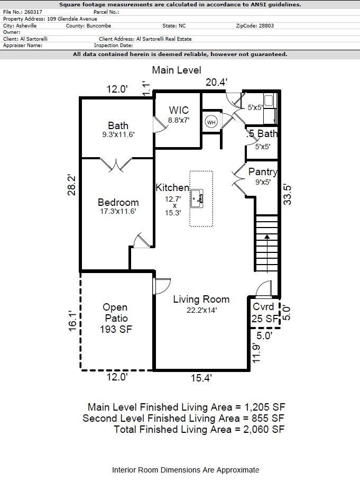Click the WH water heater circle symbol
click(x=211, y=122)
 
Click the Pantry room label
click(x=263, y=172)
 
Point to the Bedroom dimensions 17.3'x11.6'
click(x=118, y=211)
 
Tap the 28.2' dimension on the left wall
click(x=72, y=185)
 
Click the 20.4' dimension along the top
click(x=216, y=82)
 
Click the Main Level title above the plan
click(x=177, y=70)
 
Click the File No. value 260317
click(x=33, y=12)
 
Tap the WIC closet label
click(x=179, y=111)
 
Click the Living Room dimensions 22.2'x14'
click(x=201, y=311)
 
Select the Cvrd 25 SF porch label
click(x=264, y=313)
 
